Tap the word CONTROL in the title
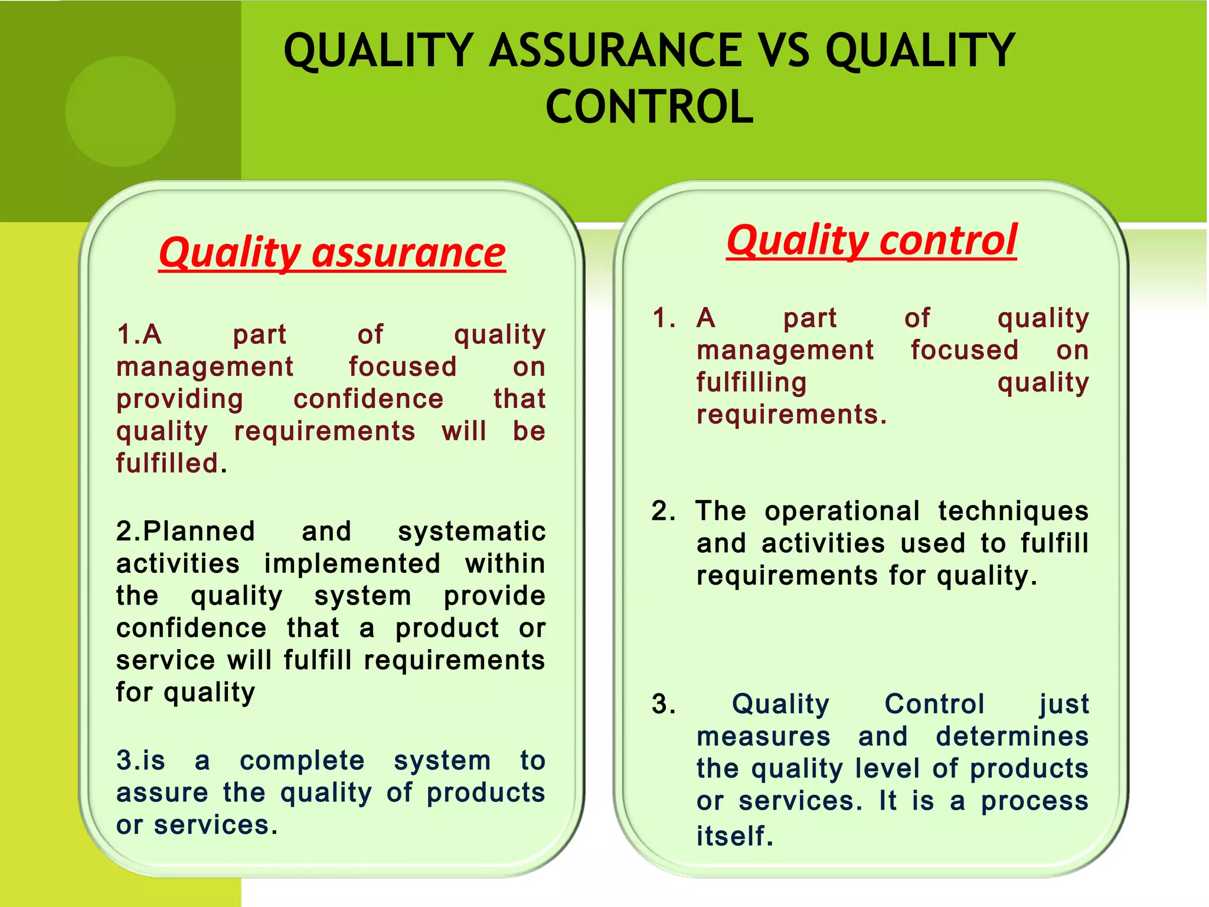click(x=649, y=107)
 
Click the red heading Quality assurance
click(x=332, y=253)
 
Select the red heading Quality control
click(x=871, y=240)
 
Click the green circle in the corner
click(x=120, y=112)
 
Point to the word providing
click(x=179, y=400)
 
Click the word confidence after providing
click(x=368, y=399)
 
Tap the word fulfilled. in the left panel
click(x=171, y=464)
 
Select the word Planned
click(x=199, y=531)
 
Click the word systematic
click(x=471, y=531)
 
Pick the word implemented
click(x=352, y=563)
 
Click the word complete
click(x=302, y=761)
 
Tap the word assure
click(x=162, y=793)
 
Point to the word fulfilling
click(x=751, y=383)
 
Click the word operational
click(x=842, y=511)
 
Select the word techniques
click(x=1012, y=511)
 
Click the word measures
click(x=763, y=737)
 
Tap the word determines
click(x=1012, y=737)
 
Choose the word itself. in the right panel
click(x=734, y=836)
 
